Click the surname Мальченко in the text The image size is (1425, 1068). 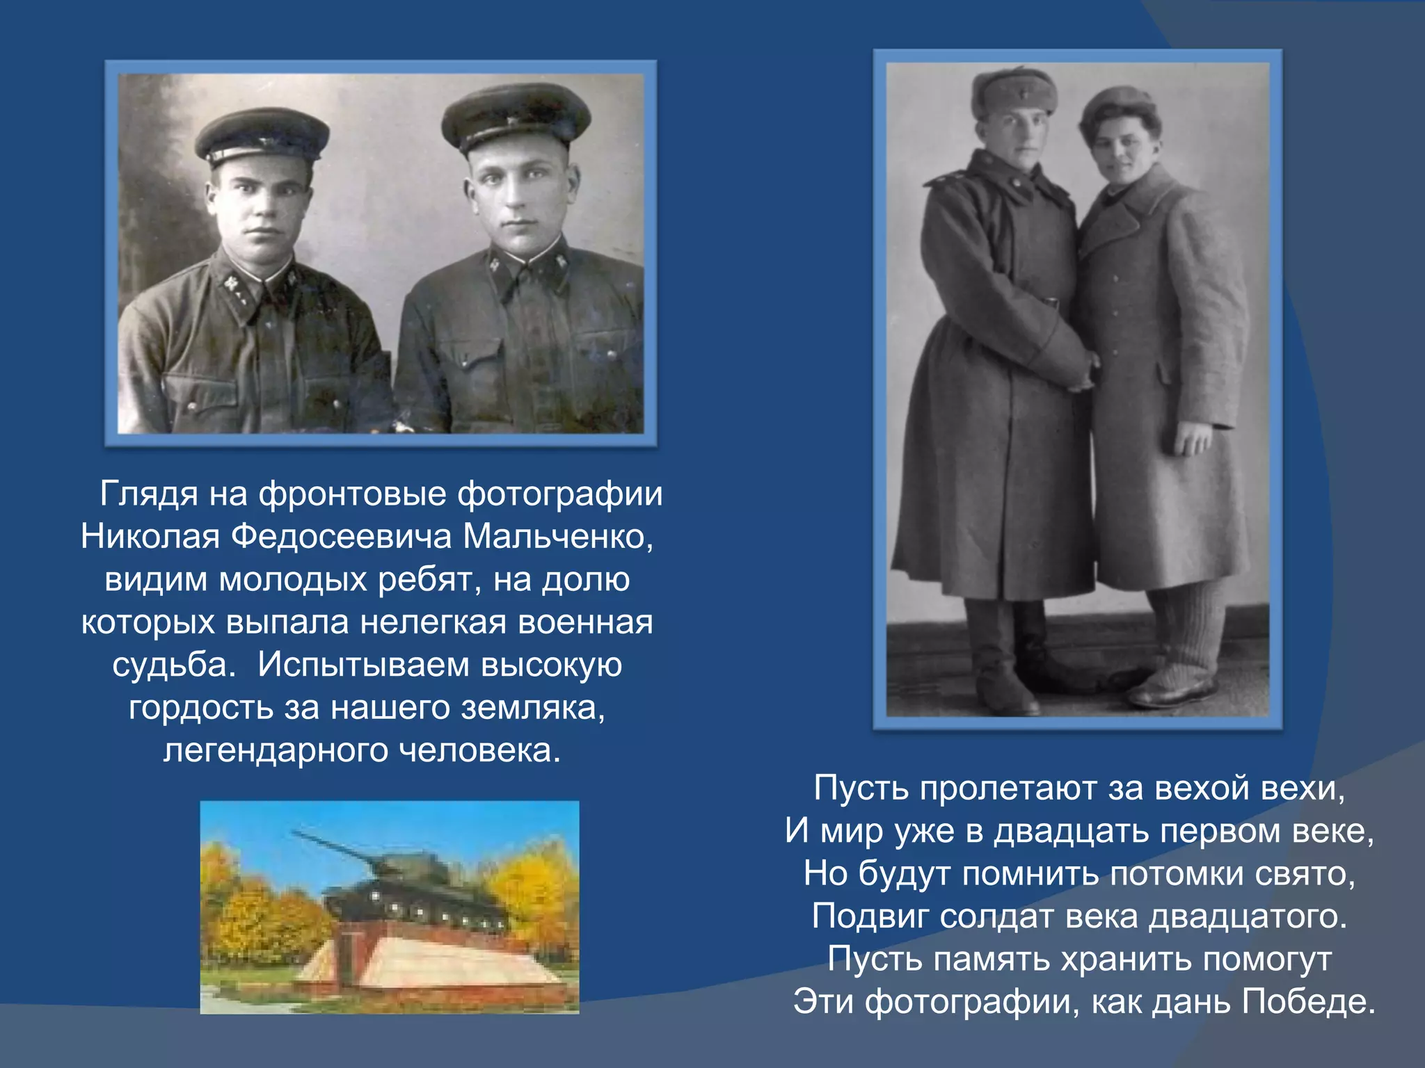[x=557, y=537]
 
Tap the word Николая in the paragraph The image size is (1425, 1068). [x=150, y=537]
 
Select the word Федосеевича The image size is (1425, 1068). [x=341, y=537]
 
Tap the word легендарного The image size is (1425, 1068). [x=274, y=751]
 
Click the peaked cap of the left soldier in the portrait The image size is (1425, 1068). [x=261, y=136]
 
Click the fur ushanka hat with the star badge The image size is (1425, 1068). [x=1014, y=94]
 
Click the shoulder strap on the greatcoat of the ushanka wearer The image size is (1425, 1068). [x=948, y=178]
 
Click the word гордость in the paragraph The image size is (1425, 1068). [x=200, y=709]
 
